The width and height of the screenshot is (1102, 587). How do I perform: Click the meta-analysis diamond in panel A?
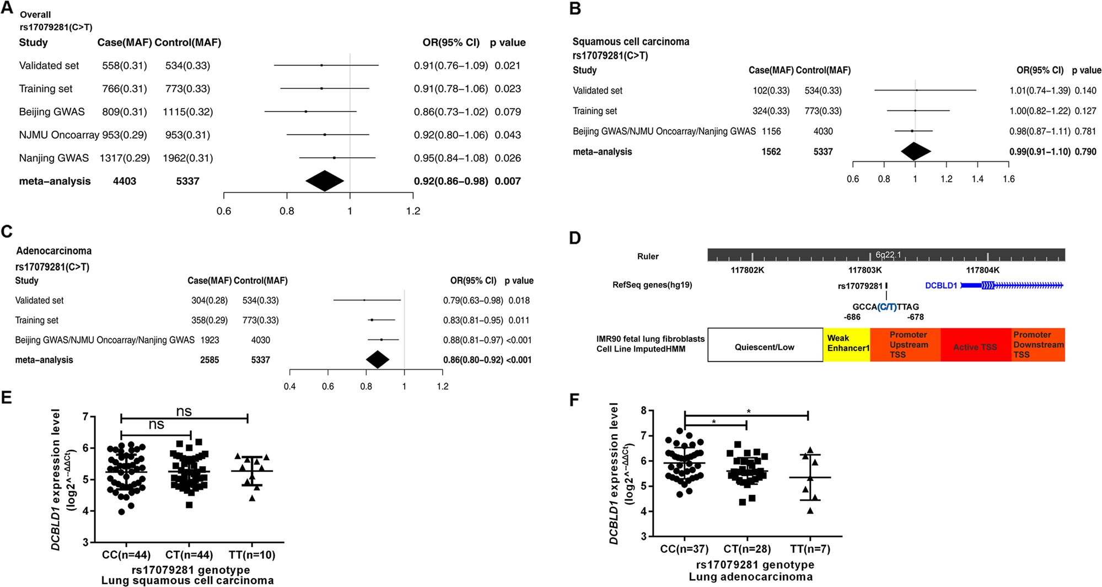[325, 181]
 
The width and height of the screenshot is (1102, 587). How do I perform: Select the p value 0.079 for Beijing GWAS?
[508, 112]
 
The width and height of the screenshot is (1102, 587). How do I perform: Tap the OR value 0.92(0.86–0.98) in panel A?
[450, 181]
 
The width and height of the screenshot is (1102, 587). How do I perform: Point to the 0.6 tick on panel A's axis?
[224, 211]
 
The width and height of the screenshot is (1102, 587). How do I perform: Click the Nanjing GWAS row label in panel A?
[53, 158]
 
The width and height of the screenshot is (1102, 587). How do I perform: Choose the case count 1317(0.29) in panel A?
[125, 158]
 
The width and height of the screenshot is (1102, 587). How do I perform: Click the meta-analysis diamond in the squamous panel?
[915, 152]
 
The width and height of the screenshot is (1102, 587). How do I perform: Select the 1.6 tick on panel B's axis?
[1009, 179]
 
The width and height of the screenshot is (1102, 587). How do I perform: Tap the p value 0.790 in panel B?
[1085, 152]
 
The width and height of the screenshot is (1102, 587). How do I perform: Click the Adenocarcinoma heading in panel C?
[54, 251]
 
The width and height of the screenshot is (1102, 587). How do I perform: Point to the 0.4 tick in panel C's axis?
[289, 386]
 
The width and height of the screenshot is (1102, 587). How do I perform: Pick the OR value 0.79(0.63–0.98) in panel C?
[473, 301]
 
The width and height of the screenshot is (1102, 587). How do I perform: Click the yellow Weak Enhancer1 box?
[847, 344]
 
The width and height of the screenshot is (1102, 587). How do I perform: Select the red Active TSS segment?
[975, 347]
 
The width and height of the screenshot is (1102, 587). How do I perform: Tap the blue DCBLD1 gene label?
[941, 286]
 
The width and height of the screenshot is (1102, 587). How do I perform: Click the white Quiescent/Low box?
[765, 347]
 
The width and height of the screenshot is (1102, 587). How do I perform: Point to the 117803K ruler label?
[865, 270]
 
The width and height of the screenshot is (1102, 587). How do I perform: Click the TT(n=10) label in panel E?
[252, 555]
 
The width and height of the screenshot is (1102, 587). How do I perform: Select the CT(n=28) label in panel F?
[747, 549]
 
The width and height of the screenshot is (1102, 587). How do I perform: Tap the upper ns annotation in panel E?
[184, 412]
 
